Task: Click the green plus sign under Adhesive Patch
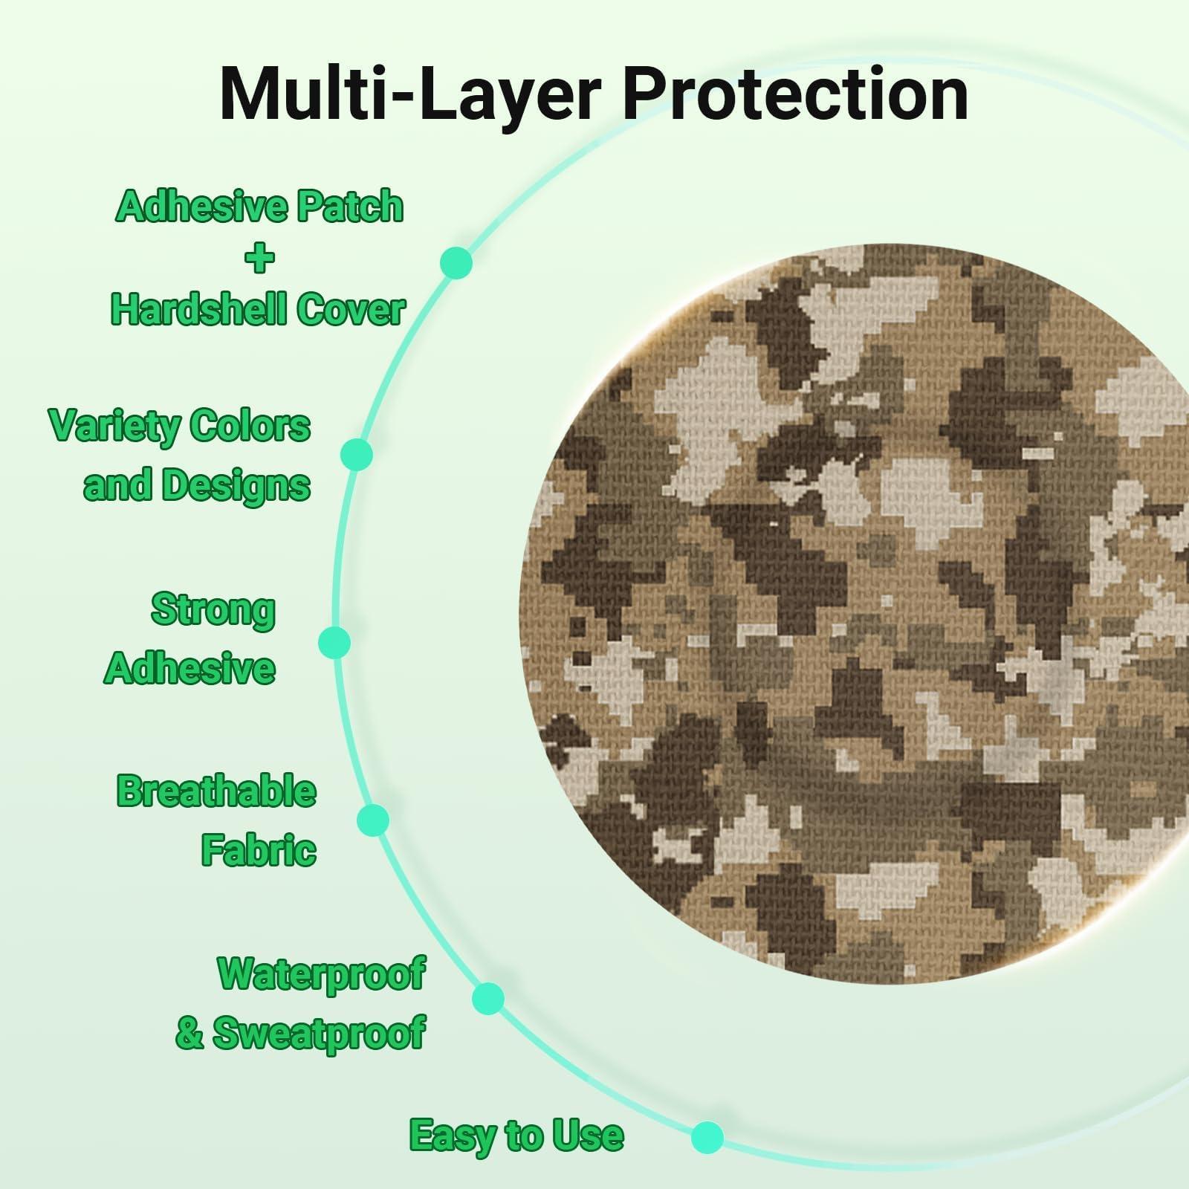(259, 258)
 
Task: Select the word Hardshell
(195, 309)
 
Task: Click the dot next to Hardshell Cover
(456, 262)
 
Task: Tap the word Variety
(114, 427)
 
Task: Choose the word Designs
(236, 486)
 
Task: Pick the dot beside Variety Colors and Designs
(357, 454)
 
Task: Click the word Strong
(213, 611)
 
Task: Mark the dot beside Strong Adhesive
(334, 642)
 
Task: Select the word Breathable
(216, 791)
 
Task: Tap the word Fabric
(259, 849)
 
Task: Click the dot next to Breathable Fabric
(373, 820)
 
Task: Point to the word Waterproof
(322, 974)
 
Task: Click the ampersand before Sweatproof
(189, 1034)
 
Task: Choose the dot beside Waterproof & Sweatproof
(488, 998)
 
